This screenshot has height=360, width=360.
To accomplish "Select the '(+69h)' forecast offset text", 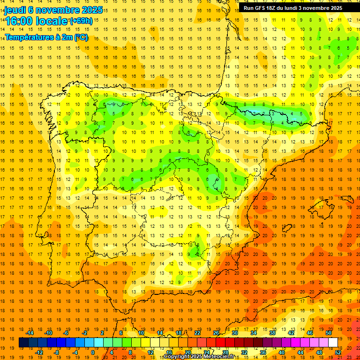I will [81, 21].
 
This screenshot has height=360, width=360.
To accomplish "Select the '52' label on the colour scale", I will [338, 352].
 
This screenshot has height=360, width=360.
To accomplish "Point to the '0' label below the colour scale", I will [93, 352].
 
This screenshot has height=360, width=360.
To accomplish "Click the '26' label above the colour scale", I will [216, 333].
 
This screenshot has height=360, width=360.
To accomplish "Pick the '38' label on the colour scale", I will [272, 333].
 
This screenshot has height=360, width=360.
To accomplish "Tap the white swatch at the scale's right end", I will [333, 343].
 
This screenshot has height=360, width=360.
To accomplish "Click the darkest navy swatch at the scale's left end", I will [23, 343].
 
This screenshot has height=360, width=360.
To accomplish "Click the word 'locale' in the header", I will [52, 21].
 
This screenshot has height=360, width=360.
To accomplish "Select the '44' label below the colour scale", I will [300, 352].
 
